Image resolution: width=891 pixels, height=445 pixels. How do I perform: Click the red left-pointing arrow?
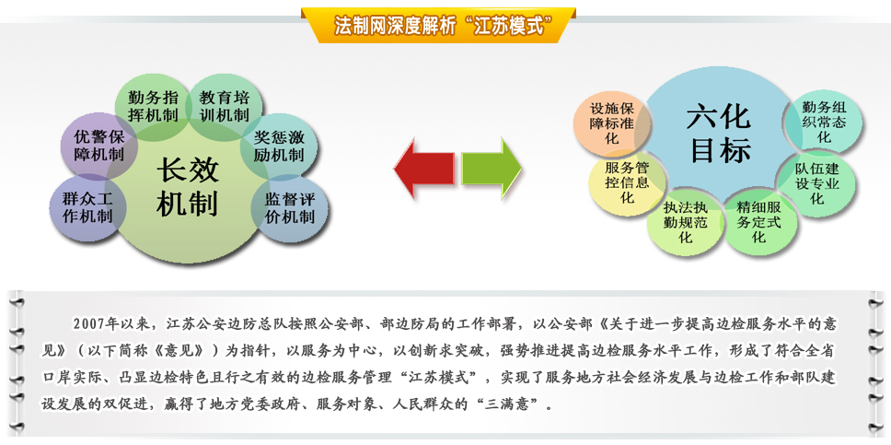423,169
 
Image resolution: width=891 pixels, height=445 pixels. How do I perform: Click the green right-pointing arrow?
492,169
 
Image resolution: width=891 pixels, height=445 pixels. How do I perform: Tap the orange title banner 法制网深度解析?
438,26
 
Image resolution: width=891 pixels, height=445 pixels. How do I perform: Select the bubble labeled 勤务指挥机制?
153,105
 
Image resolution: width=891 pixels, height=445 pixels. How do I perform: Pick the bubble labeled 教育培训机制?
225,105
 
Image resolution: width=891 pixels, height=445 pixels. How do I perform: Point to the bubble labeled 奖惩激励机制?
279,146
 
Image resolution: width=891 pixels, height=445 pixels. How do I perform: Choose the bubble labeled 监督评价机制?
290,207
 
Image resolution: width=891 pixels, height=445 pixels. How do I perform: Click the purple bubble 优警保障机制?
99,146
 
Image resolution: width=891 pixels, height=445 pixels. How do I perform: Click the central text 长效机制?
188,187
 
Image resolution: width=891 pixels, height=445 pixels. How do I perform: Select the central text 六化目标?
720,135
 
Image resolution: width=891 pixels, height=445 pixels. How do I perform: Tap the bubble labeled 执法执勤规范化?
686,221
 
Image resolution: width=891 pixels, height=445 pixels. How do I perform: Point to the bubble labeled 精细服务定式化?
758,221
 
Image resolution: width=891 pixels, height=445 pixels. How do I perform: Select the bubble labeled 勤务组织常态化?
824,122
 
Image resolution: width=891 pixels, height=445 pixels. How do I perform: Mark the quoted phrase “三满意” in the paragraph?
510,405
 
